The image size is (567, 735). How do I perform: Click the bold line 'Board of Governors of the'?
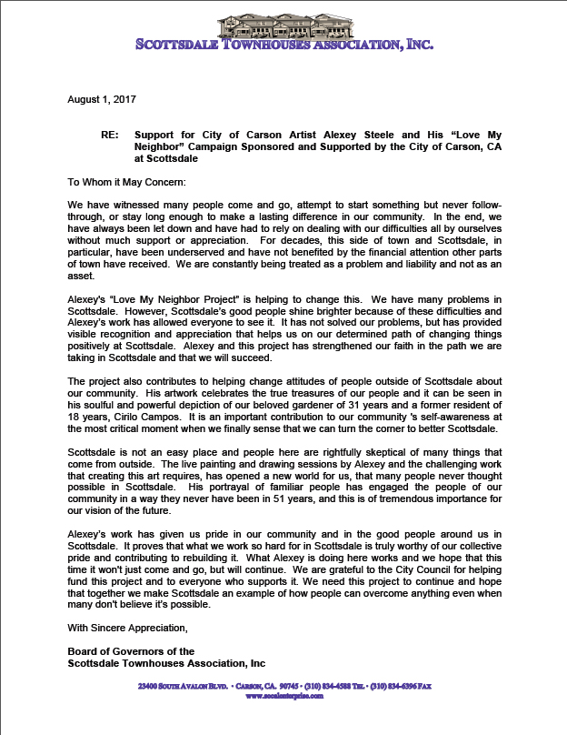click(x=131, y=650)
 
